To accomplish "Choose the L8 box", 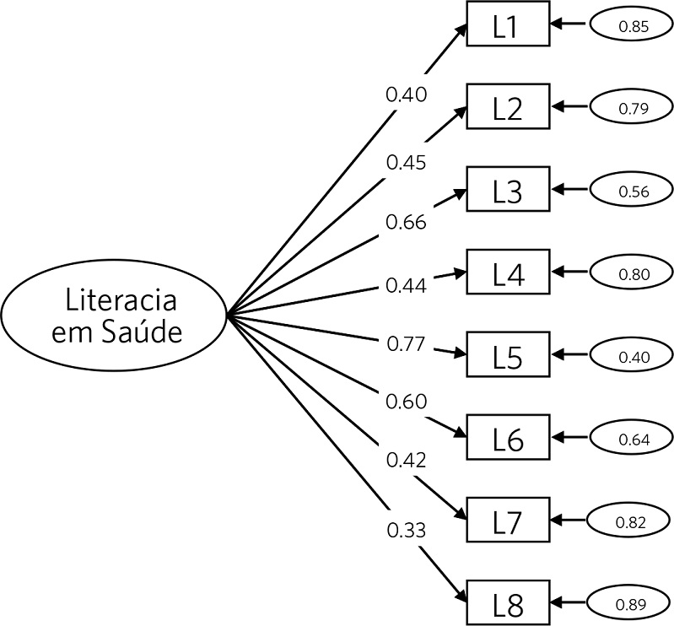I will point(507,604).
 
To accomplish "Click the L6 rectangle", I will point(507,439).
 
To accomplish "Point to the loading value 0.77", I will point(406,344).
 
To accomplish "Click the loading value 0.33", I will point(406,530).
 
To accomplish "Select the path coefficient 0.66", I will point(406,223).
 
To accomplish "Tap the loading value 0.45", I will point(406,162).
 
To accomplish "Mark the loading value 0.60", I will point(406,401).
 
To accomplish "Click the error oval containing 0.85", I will point(633,27).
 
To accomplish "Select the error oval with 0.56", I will point(633,192).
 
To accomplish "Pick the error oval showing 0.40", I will point(633,357).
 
